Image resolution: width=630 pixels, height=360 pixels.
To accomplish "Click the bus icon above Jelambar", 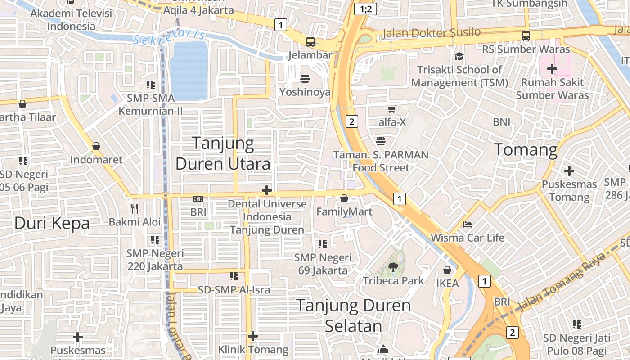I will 310,42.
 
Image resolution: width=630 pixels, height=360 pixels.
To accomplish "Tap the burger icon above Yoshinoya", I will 305,79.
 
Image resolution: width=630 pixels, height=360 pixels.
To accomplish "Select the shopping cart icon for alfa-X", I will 392,109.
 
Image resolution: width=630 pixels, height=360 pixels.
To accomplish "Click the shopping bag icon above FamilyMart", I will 344,198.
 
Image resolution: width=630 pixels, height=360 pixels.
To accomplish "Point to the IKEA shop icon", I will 447,270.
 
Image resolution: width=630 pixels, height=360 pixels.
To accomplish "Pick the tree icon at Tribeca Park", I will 393,267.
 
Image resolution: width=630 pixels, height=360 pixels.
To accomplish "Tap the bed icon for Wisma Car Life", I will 468,224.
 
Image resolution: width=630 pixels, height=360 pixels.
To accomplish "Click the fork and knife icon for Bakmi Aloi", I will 135,208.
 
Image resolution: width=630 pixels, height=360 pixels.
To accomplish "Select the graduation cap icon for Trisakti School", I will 459,56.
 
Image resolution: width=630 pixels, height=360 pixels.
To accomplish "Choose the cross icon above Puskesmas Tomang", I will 569,171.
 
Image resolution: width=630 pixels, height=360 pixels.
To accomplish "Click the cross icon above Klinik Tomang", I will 253,336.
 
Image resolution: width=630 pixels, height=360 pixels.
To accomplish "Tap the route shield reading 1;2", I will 365,9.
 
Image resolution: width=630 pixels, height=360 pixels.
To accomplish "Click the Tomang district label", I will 526,149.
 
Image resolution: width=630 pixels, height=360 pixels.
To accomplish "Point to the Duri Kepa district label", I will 52,223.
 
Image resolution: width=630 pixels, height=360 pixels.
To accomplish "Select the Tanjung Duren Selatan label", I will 353,315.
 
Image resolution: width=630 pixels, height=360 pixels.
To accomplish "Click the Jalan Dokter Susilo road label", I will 431,33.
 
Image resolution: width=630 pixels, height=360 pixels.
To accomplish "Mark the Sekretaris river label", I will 169,37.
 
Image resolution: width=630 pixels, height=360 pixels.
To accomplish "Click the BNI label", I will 502,122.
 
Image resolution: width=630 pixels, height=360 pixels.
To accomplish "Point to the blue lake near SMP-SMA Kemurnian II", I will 189,70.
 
